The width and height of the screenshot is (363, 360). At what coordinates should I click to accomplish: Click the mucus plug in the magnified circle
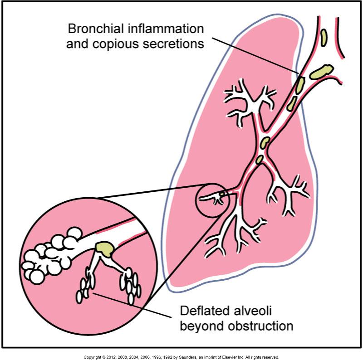click(x=105, y=248)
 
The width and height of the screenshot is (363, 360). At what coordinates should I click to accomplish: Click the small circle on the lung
click(x=212, y=198)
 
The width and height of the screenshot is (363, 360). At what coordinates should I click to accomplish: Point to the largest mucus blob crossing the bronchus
click(x=322, y=71)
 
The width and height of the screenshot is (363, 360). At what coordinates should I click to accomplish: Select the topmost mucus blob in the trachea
click(x=324, y=37)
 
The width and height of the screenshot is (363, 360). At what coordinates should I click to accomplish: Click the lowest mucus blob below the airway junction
click(x=260, y=159)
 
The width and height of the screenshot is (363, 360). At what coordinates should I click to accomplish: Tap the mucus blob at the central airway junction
click(x=265, y=142)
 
